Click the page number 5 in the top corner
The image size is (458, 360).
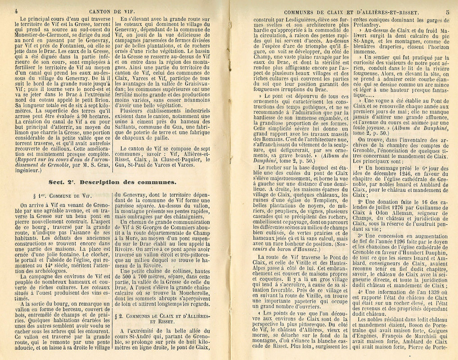coord(447,13)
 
